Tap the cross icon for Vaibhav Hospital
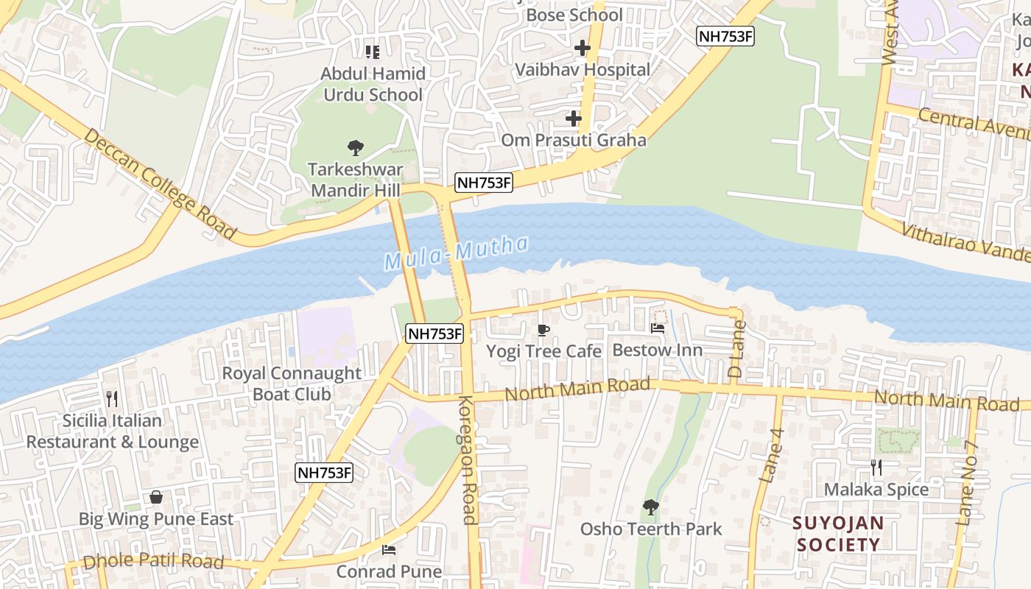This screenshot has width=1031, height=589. (583, 49)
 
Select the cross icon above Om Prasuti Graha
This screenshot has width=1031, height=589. (574, 118)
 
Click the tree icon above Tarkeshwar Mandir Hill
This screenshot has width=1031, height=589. (355, 148)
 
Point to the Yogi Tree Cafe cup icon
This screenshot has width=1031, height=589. (543, 329)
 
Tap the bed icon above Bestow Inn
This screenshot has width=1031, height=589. (658, 328)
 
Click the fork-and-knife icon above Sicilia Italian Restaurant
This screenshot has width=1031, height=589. (112, 399)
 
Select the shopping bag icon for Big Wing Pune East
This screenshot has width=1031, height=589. (156, 497)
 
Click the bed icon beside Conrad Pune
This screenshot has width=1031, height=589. (389, 549)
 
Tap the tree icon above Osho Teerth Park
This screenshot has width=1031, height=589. (650, 507)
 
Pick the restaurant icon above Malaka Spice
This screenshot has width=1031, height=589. (876, 467)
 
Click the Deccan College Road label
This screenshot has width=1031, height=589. (160, 184)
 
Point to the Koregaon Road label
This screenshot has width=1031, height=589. (468, 459)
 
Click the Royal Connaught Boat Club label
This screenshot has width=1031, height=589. (292, 384)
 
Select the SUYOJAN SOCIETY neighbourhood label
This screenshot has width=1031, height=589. (838, 535)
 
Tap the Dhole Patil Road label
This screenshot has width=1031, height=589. (153, 562)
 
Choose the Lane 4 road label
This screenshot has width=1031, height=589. (772, 456)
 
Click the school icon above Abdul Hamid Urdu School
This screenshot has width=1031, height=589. (373, 52)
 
